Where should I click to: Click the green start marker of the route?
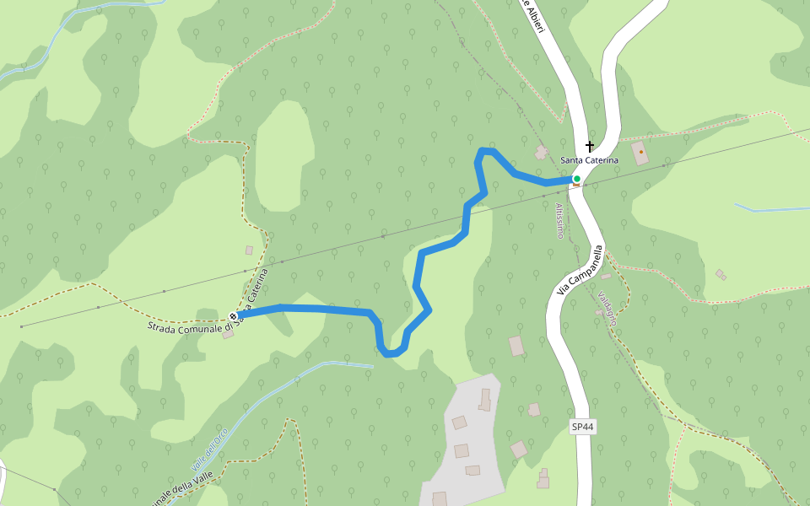pos(576,179)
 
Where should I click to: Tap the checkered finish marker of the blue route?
pos(233,316)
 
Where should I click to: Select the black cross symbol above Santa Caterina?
pos(590,146)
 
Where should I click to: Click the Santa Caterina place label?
pos(590,160)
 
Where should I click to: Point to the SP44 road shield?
pos(582,428)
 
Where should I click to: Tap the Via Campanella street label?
pos(581,270)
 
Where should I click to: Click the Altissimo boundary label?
pos(559,220)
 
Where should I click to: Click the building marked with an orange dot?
pos(640,153)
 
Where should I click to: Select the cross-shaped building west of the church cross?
pos(541,152)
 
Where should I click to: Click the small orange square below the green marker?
pos(576,186)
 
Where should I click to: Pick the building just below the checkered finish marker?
pos(228,334)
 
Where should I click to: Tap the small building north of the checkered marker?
pos(249,250)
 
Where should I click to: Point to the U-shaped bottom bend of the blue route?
pos(390,353)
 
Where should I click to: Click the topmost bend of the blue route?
pos(485,151)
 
